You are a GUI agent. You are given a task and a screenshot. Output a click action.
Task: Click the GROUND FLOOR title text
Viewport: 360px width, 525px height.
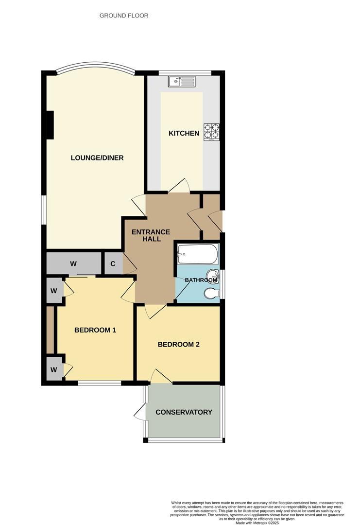(x=124, y=16)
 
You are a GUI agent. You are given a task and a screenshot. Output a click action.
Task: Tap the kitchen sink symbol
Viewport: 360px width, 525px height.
(x=181, y=82)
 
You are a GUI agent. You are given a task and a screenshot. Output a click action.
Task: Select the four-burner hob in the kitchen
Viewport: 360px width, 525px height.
(x=212, y=131)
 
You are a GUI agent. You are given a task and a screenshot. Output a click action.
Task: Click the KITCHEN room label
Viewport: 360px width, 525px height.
(x=184, y=133)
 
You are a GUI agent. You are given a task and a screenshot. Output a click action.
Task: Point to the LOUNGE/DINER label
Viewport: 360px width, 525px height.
(x=97, y=157)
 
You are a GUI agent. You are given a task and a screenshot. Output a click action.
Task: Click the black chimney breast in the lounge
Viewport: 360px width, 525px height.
(x=49, y=124)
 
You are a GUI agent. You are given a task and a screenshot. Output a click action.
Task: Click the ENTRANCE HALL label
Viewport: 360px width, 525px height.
(x=151, y=235)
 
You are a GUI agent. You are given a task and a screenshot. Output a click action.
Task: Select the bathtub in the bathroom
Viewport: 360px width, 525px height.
(x=197, y=253)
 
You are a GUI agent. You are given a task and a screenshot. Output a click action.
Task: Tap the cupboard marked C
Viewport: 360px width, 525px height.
(x=113, y=264)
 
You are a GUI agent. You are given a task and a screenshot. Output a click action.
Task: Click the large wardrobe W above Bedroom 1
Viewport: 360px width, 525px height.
(x=73, y=264)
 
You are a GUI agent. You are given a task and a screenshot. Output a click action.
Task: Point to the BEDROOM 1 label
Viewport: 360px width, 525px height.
(x=95, y=330)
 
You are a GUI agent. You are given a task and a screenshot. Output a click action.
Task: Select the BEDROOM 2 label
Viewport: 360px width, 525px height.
(x=179, y=345)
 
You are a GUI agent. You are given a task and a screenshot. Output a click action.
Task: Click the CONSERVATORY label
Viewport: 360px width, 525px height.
(x=184, y=412)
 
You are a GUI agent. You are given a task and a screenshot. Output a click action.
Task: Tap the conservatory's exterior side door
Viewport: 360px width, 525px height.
(x=140, y=413)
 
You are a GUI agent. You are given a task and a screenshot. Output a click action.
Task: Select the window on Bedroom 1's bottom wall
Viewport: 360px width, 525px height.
(x=99, y=383)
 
